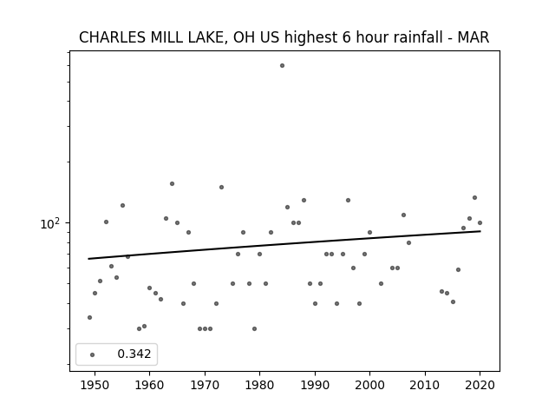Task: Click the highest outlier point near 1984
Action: [282, 66]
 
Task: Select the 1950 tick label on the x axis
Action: [95, 385]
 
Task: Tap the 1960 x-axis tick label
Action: [150, 385]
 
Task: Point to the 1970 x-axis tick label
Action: [205, 385]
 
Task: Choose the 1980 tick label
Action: [260, 385]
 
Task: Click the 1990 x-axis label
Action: [315, 385]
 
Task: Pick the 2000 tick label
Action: [370, 385]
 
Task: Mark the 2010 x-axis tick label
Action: [425, 385]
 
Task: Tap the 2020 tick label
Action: [480, 385]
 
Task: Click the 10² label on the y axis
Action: [50, 224]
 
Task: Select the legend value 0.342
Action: [134, 354]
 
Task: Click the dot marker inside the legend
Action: [93, 354]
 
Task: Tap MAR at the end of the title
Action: [473, 37]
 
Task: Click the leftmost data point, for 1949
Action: [89, 317]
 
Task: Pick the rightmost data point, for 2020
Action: [480, 222]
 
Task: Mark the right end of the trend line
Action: [480, 231]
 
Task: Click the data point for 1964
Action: [172, 183]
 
